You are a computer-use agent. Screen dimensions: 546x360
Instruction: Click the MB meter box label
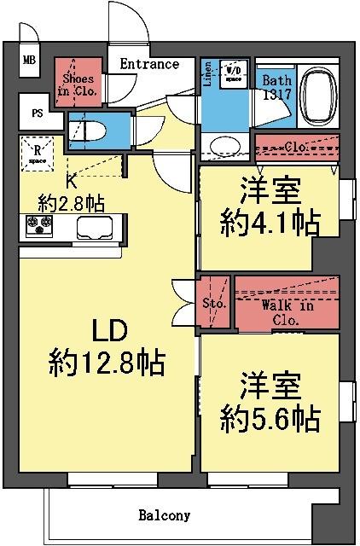click(30, 61)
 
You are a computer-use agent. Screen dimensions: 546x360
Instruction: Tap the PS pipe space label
click(38, 112)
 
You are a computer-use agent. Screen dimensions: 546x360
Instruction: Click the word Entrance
click(149, 64)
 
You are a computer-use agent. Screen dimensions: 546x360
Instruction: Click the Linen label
click(208, 76)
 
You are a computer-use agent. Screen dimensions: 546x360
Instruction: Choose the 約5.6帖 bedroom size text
click(269, 418)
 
